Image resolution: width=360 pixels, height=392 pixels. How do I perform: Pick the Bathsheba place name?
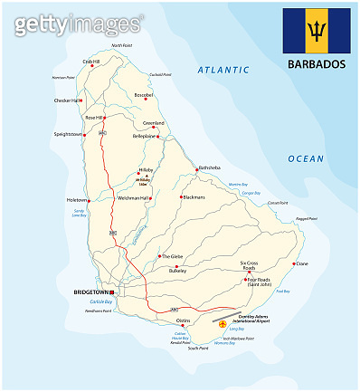tap(210, 167)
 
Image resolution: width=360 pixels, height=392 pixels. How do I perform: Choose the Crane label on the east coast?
tap(302, 263)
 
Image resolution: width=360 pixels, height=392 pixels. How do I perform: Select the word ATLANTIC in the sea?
tap(223, 70)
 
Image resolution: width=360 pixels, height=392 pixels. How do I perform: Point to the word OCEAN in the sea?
tap(306, 158)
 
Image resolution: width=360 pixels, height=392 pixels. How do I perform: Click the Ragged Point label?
tap(308, 218)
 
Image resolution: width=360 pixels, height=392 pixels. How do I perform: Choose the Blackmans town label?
tap(194, 196)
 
